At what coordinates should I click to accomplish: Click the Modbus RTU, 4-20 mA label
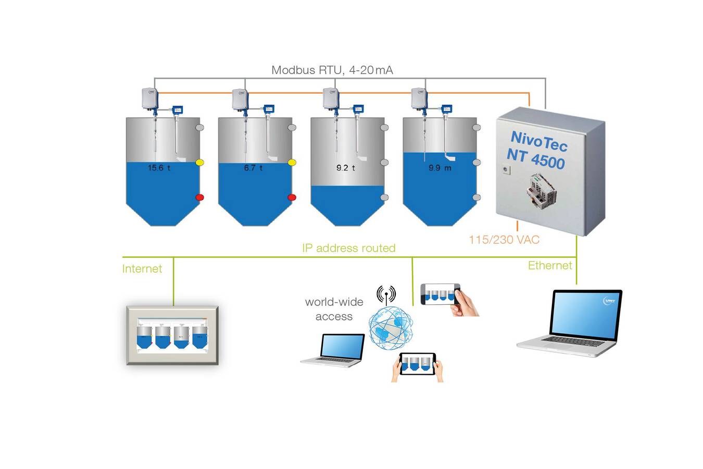[x=332, y=70]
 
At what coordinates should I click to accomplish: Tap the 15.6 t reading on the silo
[x=159, y=168]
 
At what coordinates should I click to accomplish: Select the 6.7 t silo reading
[x=253, y=168]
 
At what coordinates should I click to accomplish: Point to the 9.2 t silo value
[x=345, y=168]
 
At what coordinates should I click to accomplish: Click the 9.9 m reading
[x=440, y=168]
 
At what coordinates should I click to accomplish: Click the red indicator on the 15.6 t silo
[x=199, y=198]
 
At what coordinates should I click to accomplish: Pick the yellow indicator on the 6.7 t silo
[x=292, y=163]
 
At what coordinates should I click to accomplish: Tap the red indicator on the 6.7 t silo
[x=292, y=198]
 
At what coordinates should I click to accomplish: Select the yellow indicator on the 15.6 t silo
[x=199, y=163]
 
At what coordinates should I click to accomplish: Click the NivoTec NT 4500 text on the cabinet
[x=537, y=150]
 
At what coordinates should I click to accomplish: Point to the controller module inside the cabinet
[x=542, y=190]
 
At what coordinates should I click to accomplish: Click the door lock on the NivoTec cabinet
[x=505, y=169]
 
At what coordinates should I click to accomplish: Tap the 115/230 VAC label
[x=504, y=240]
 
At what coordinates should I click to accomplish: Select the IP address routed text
[x=348, y=248]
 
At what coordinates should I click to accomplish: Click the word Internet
[x=142, y=269]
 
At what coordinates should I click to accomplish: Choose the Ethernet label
[x=549, y=265]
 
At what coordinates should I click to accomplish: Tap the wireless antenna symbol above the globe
[x=386, y=294]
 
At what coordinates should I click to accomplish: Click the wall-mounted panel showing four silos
[x=172, y=336]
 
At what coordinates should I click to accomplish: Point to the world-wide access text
[x=334, y=309]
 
